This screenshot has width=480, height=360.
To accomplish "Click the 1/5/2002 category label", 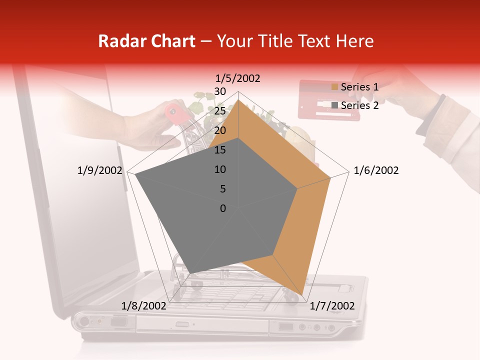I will pos(238,78).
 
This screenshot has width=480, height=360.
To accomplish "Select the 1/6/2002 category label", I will pos(376,170).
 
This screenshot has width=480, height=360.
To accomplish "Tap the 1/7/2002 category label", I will pos(332,306).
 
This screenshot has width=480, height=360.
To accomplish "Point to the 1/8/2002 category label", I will pos(144,306).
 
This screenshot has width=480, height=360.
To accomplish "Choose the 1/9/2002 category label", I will pos(100,170).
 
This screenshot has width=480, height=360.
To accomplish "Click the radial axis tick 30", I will pos(220,91).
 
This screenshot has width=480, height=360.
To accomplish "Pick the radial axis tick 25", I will pos(220,111).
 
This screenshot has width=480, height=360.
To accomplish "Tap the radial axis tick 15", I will pos(220,150).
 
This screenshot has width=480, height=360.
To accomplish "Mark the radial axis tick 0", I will pos(223,208).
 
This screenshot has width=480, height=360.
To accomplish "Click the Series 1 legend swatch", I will pos(334,87).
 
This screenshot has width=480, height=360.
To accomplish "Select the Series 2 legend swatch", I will pos(334,105).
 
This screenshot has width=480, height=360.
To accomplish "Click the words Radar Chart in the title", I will pos(146,41).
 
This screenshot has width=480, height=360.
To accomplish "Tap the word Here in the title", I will pos(354,41).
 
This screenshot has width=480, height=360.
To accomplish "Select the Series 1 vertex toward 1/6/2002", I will pos(330,177).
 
